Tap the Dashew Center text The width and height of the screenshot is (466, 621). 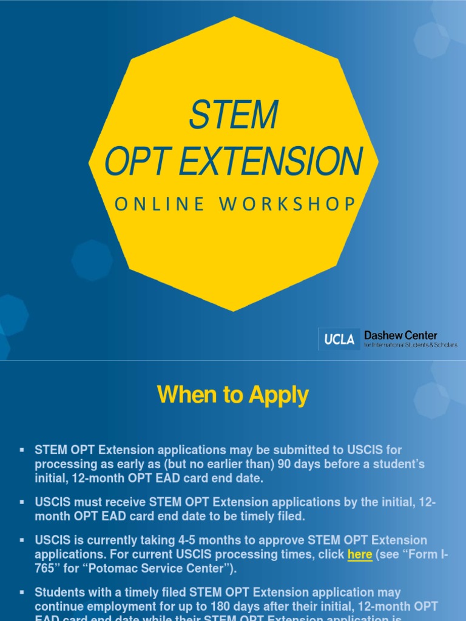click(400, 335)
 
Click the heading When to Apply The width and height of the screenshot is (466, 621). click(233, 395)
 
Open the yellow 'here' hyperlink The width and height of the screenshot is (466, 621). click(360, 554)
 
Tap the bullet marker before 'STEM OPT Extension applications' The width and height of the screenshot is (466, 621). click(22, 450)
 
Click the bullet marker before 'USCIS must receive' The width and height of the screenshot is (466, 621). click(22, 502)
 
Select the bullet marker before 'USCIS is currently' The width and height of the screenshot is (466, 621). click(22, 540)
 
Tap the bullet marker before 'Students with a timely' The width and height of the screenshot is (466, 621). click(22, 592)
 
